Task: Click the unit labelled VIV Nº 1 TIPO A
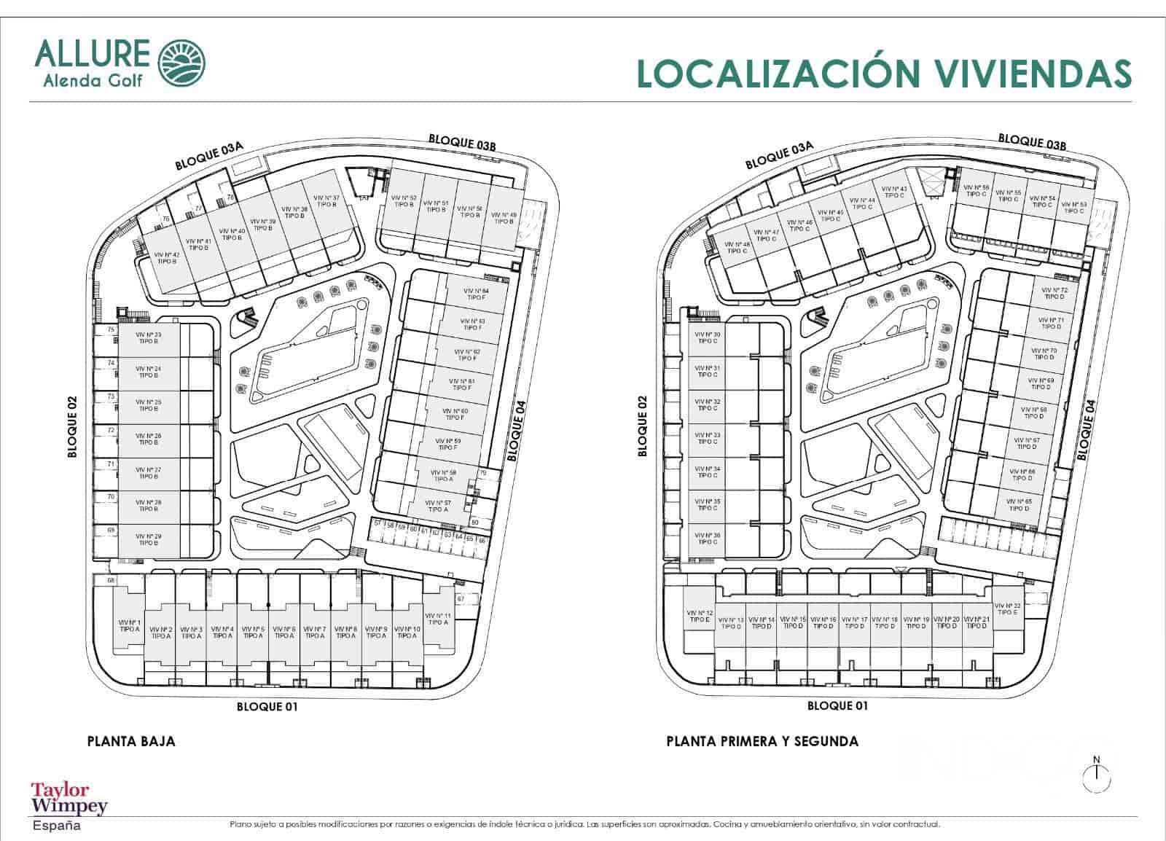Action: pyautogui.click(x=130, y=625)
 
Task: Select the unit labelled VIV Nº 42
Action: pyautogui.click(x=166, y=258)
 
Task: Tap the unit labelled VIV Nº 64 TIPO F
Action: pyautogui.click(x=476, y=294)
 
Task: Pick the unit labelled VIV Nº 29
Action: pyautogui.click(x=148, y=539)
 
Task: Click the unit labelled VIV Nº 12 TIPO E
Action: pyautogui.click(x=700, y=616)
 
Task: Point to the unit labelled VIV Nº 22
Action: pyautogui.click(x=1007, y=609)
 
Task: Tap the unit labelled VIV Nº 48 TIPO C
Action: pyautogui.click(x=737, y=248)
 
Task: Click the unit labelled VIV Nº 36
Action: pyautogui.click(x=707, y=539)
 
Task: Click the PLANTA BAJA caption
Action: pyautogui.click(x=131, y=742)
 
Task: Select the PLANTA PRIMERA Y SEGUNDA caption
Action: pyautogui.click(x=762, y=742)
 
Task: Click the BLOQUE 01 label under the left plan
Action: pyautogui.click(x=267, y=706)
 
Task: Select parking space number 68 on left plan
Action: pyautogui.click(x=111, y=580)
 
